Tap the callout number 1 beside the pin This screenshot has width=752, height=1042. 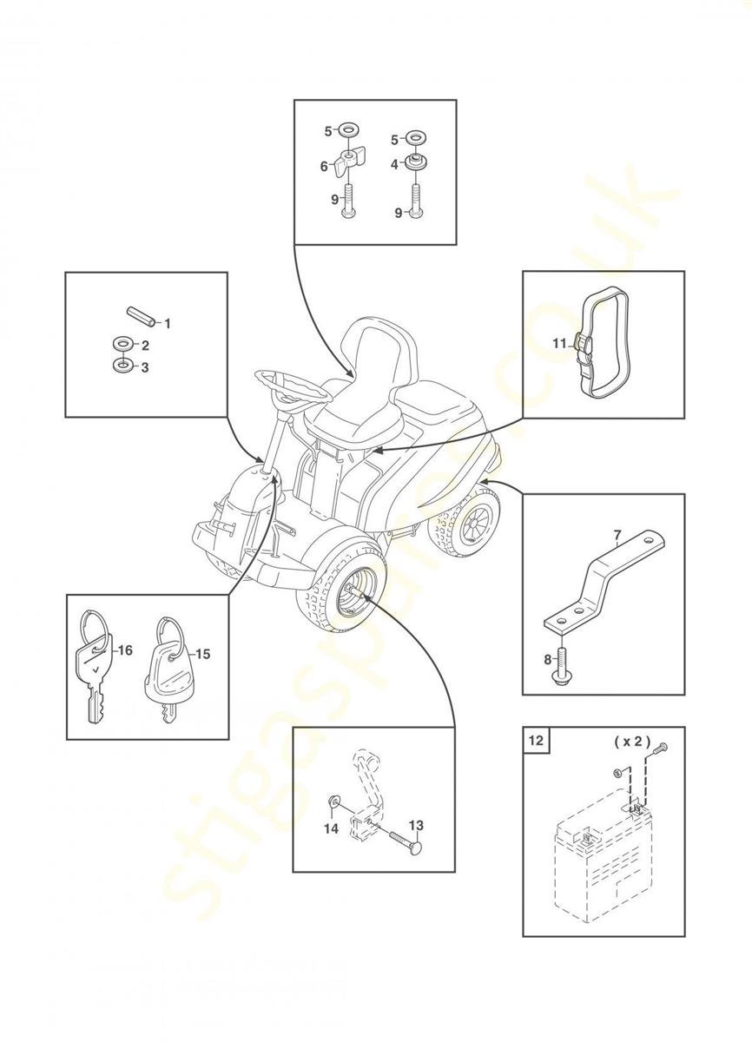click(x=168, y=323)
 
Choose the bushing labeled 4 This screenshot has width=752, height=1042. click(x=416, y=163)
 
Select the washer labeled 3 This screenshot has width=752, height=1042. click(x=122, y=366)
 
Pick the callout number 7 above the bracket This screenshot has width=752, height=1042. click(x=617, y=537)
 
